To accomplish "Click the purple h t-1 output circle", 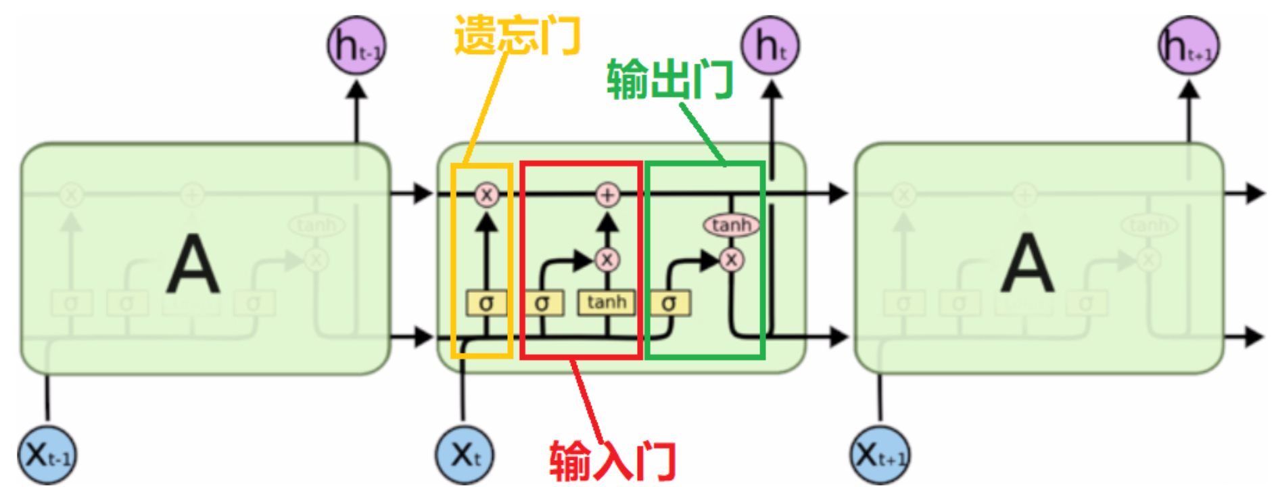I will point(356,46).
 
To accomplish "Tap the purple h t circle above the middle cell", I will point(770,46).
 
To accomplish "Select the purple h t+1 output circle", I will point(1189,46).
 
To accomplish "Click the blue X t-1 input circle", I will point(47,455).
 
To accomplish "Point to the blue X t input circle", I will point(465,455).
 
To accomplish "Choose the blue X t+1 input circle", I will point(879,455).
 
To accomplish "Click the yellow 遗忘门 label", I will point(517,35).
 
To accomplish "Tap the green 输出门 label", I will point(669,80).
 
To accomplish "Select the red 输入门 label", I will point(612,461).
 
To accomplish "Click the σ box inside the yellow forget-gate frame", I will point(486,303).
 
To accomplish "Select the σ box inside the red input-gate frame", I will point(542,303).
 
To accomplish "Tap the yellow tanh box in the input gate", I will point(606,302).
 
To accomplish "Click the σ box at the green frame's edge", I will point(669,303).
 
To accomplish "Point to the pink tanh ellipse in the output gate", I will point(731,225).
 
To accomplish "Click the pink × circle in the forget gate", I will point(486,195).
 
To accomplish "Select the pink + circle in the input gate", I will point(607,195).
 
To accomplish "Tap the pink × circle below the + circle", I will point(607,260).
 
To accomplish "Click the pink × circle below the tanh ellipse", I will point(731,260).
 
